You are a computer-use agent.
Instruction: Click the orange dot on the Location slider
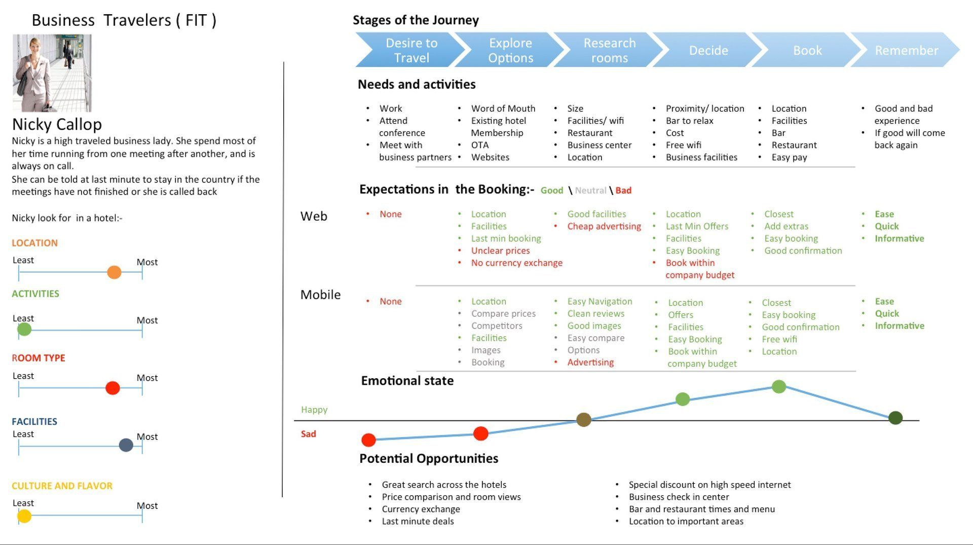pos(115,272)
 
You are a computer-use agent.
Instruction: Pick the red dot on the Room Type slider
pos(113,388)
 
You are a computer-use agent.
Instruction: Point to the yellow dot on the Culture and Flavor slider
pos(24,516)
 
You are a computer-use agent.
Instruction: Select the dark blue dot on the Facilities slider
pos(126,445)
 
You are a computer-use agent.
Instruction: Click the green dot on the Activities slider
pos(24,330)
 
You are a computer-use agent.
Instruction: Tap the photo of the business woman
pos(52,73)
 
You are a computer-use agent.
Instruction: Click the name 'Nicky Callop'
pos(57,124)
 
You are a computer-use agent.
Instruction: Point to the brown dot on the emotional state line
pos(584,420)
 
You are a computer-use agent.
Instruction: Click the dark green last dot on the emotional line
pos(895,418)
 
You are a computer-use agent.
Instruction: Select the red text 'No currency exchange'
pos(517,263)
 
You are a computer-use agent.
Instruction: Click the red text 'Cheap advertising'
pos(604,226)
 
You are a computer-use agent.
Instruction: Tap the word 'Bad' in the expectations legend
pos(623,191)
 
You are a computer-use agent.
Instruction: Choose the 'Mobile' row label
pos(321,295)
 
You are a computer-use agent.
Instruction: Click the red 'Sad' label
pos(309,434)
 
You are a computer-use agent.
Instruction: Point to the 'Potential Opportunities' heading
pos(429,458)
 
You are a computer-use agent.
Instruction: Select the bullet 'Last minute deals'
pos(418,521)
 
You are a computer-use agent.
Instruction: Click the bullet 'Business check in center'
pos(679,497)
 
